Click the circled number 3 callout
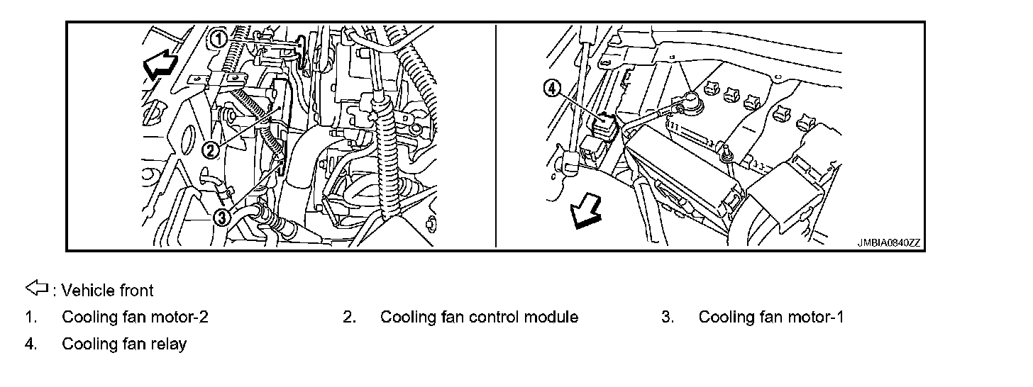[x=222, y=218]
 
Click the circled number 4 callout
[x=551, y=89]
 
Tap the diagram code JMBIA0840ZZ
[x=888, y=242]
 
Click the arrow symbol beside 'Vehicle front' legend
[x=36, y=288]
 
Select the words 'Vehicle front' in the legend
[x=108, y=290]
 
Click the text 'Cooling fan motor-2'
[x=135, y=317]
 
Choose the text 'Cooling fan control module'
[x=479, y=317]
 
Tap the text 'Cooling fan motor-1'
[x=771, y=317]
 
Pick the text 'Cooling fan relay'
[x=124, y=344]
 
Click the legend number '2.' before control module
[x=349, y=317]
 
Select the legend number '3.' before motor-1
[x=668, y=317]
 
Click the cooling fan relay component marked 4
[x=605, y=125]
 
